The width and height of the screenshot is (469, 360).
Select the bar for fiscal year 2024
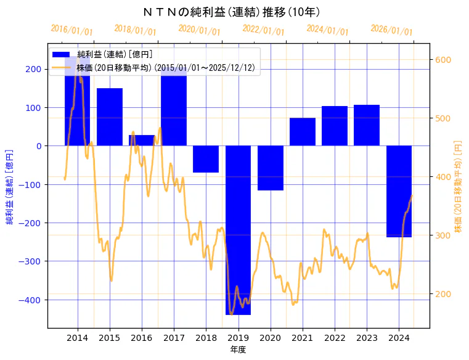click(399, 191)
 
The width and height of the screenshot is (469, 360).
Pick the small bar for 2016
click(142, 141)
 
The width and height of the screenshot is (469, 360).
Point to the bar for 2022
click(335, 126)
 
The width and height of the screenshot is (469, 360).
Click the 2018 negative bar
click(206, 159)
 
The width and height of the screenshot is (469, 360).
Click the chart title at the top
click(231, 12)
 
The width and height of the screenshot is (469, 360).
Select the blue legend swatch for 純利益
click(61, 55)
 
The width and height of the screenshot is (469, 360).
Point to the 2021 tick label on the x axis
click(303, 338)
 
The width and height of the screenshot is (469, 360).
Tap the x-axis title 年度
click(239, 350)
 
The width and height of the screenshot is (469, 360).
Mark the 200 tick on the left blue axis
click(35, 69)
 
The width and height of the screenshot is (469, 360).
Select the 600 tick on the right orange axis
click(443, 60)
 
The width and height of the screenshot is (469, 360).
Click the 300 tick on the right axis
click(443, 235)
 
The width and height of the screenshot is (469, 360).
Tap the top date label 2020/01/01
click(199, 30)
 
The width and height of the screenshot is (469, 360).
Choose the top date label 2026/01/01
click(391, 30)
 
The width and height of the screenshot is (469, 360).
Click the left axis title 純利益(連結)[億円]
click(10, 186)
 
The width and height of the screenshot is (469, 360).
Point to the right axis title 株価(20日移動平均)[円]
click(458, 186)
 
